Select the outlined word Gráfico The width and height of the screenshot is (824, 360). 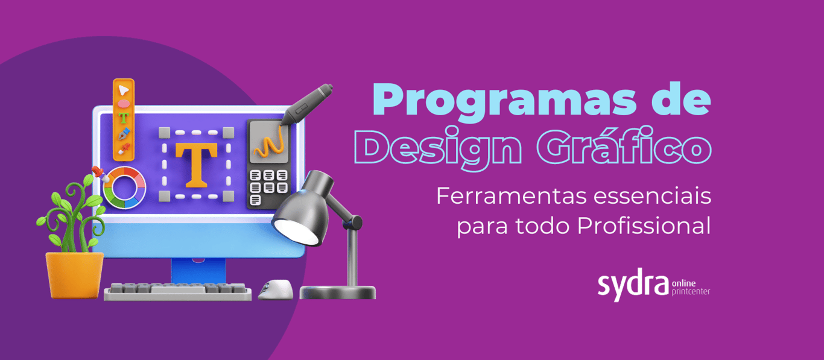624,146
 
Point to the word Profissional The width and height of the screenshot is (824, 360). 644,226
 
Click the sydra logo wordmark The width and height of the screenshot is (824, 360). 633,285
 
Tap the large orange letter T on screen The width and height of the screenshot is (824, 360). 196,164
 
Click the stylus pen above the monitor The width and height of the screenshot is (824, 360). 306,104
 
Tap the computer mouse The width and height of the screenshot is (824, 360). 276,289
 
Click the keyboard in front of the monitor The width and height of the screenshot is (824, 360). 178,292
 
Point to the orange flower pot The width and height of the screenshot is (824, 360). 75,274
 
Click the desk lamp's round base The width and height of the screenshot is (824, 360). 338,292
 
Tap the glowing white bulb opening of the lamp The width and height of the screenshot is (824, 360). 297,232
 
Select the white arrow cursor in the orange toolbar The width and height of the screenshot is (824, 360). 123,90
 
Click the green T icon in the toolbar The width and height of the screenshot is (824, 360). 124,118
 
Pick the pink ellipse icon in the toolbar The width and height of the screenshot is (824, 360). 124,104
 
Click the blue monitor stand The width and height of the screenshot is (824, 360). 198,270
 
